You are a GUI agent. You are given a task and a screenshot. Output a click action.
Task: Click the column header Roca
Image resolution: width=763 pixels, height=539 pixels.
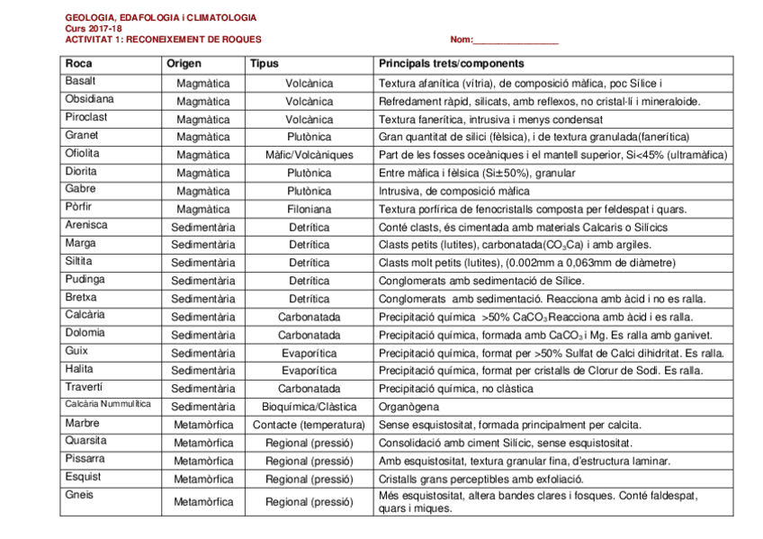pyautogui.click(x=78, y=64)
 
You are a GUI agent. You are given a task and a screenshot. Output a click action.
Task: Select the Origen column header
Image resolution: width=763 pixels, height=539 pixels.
pyautogui.click(x=184, y=64)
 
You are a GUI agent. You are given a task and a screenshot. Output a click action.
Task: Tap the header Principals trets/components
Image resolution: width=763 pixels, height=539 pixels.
pyautogui.click(x=451, y=64)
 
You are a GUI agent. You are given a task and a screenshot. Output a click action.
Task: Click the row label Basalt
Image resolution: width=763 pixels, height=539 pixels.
pyautogui.click(x=80, y=82)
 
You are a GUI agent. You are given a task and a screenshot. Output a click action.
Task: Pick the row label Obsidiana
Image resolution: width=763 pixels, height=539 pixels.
pyautogui.click(x=89, y=100)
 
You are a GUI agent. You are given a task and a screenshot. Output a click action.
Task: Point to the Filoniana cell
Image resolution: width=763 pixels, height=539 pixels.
pyautogui.click(x=309, y=209)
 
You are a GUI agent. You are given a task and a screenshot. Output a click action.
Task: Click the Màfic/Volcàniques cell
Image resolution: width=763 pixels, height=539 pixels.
pyautogui.click(x=309, y=155)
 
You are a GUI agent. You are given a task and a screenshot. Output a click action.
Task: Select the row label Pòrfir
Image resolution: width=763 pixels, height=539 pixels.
pyautogui.click(x=79, y=207)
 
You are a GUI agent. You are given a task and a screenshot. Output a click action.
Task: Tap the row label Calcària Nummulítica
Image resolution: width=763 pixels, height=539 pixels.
pyautogui.click(x=107, y=405)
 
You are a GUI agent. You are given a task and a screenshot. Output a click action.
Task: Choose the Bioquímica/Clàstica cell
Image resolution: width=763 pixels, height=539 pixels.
pyautogui.click(x=309, y=407)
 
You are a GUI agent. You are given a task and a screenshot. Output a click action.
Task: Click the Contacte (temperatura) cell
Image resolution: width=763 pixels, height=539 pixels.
pyautogui.click(x=309, y=425)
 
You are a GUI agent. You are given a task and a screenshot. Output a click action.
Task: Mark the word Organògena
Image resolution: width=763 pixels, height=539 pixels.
pyautogui.click(x=408, y=407)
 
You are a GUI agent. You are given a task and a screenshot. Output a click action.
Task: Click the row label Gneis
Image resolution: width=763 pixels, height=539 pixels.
pyautogui.click(x=78, y=495)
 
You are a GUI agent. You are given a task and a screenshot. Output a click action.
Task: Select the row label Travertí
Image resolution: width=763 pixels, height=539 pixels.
pyautogui.click(x=84, y=387)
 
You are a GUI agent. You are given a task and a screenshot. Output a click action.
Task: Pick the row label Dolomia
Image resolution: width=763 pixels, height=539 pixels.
pyautogui.click(x=85, y=333)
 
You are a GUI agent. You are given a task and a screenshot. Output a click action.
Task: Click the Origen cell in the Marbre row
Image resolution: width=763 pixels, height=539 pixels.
pyautogui.click(x=202, y=425)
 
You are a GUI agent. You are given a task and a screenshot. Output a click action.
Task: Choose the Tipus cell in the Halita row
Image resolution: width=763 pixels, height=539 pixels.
pyautogui.click(x=309, y=371)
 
